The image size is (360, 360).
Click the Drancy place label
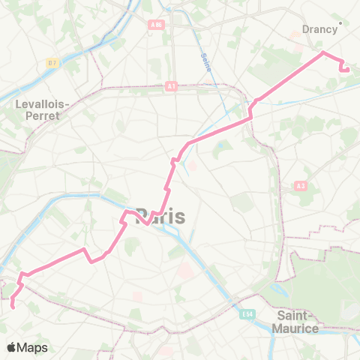point(319,29)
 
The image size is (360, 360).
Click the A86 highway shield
point(156,24)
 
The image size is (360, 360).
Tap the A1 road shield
point(171,87)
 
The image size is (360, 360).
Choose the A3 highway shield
point(301,185)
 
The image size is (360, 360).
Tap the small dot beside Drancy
point(340,23)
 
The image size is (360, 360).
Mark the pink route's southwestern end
point(13,304)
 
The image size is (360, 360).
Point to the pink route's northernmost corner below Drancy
point(323,52)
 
